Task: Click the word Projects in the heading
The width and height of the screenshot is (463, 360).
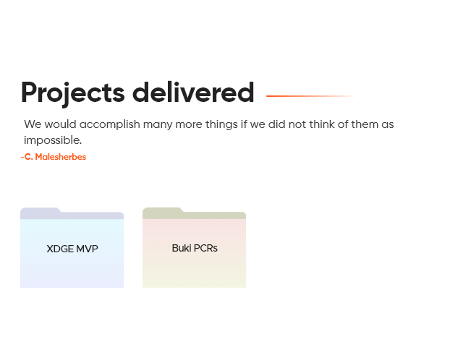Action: coord(72,93)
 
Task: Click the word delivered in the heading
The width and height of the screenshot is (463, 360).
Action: coord(193,92)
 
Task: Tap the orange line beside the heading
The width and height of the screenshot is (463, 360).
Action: coord(310,96)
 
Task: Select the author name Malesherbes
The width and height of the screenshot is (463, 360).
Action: coord(61,157)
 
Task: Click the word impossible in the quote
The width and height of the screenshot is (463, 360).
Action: coord(53,140)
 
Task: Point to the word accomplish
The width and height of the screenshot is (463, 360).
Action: coord(109,125)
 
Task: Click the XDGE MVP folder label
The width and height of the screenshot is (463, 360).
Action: coord(72,249)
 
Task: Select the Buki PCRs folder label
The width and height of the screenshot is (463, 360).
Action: coord(195,248)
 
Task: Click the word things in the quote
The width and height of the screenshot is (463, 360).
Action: coord(221,125)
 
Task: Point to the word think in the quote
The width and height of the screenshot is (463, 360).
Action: coord(322,124)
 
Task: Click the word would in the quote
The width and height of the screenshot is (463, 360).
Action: coord(60,124)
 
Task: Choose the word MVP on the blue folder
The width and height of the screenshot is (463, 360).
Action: coord(87,249)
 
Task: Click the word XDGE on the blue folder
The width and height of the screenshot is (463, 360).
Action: coord(60,249)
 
